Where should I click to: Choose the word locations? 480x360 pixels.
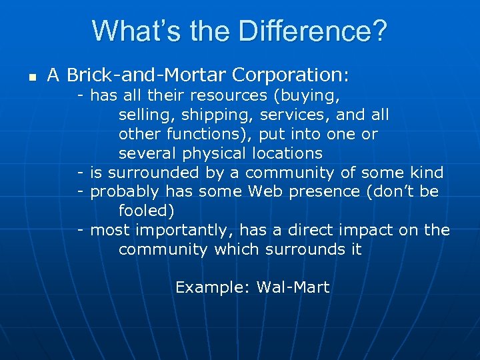pos(287,153)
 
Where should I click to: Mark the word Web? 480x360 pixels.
pos(265,192)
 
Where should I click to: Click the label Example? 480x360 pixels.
pos(213,288)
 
